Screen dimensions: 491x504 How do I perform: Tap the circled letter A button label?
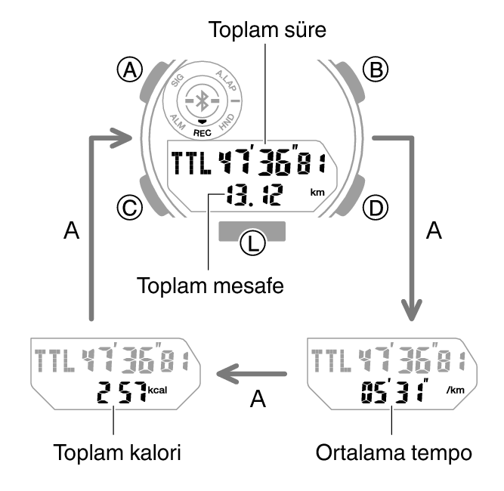(133, 70)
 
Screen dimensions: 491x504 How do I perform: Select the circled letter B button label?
(373, 70)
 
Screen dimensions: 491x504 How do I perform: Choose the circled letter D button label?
(373, 205)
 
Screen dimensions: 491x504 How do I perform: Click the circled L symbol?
(251, 243)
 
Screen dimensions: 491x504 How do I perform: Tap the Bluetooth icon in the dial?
(201, 100)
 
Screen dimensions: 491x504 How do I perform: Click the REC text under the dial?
(202, 131)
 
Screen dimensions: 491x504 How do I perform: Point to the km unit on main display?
(317, 193)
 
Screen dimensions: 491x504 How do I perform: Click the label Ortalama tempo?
(393, 453)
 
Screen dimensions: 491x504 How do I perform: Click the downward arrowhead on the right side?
(412, 311)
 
